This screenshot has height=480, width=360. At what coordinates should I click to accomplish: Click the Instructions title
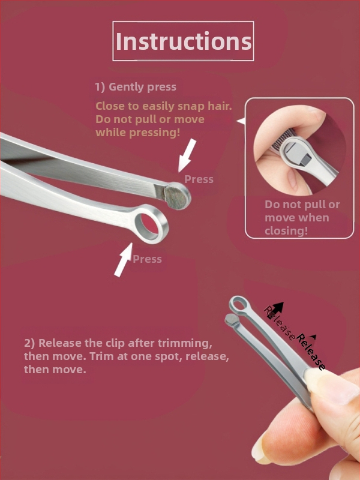(184, 41)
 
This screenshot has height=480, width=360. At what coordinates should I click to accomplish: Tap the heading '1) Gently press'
(136, 87)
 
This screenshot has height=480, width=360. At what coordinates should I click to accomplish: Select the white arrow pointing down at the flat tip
(187, 155)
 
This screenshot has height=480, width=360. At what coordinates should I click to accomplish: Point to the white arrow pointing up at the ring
(124, 260)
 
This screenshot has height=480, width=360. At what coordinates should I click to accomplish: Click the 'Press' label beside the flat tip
(199, 179)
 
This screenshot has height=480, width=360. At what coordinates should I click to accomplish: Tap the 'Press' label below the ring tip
(147, 259)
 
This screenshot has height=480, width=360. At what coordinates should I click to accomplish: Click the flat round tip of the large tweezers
(177, 196)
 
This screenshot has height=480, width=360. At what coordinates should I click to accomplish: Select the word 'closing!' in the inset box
(286, 231)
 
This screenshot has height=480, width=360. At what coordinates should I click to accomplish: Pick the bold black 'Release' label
(310, 352)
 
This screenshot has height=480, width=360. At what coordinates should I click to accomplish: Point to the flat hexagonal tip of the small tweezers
(230, 319)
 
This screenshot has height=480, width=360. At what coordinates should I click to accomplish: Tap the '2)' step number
(29, 343)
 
